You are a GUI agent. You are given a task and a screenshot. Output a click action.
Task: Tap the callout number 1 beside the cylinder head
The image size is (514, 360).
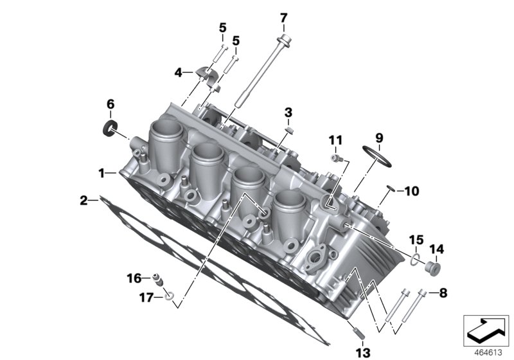101,173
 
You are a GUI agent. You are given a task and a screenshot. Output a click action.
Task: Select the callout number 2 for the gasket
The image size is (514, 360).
84,201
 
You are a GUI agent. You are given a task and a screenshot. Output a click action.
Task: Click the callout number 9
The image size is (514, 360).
378,137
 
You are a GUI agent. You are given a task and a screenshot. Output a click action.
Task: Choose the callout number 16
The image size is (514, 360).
133,278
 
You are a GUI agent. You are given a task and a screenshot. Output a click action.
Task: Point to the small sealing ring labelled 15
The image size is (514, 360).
416,260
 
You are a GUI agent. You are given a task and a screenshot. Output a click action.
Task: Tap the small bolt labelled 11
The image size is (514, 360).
336,158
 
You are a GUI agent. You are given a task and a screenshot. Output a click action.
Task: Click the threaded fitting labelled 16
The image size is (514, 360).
157,280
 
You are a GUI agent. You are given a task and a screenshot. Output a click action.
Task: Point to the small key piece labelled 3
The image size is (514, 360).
289,129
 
